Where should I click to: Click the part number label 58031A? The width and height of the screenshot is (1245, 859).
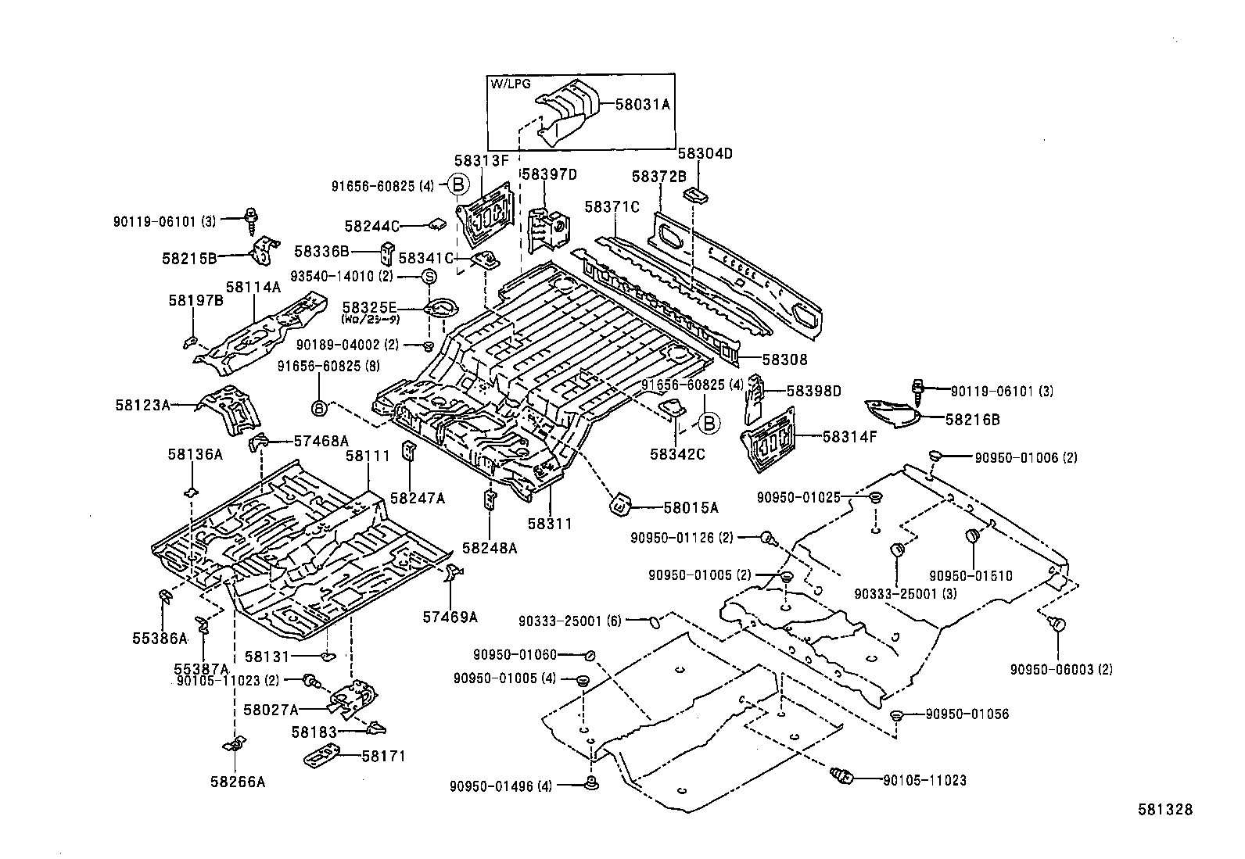[x=643, y=103]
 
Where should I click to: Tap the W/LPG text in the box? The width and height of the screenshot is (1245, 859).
[x=507, y=83]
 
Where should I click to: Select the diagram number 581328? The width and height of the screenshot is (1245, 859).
[x=1164, y=810]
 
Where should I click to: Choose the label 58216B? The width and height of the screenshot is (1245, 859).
[x=972, y=419]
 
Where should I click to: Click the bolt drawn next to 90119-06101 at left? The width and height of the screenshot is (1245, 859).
[x=253, y=219]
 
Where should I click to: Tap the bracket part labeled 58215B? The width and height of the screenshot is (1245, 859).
[x=264, y=250]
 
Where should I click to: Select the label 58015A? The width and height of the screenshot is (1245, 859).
[x=691, y=508]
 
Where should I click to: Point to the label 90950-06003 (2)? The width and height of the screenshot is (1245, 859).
[x=1060, y=669]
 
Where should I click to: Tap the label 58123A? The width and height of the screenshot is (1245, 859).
[x=142, y=405]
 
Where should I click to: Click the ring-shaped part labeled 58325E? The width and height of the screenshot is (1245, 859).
[x=440, y=307]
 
